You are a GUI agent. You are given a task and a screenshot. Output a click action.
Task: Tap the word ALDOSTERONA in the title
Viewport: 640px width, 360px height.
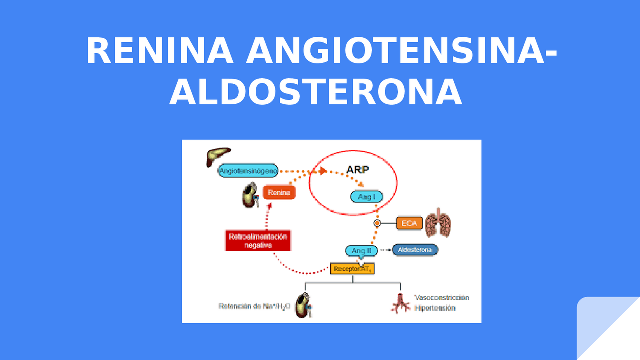click(315, 93)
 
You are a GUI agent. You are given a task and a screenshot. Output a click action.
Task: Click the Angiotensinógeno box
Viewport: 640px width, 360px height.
click(248, 171)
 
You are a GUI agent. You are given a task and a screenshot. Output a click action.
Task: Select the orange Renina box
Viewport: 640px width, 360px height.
click(279, 192)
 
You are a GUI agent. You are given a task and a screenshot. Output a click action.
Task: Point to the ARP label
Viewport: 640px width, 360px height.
click(358, 169)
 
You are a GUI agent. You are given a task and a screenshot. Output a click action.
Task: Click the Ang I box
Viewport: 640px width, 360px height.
click(367, 197)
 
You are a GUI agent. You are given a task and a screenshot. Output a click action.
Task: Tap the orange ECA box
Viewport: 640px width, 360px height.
click(409, 223)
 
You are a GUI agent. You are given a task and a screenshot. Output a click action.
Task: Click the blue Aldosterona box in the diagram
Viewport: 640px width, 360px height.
click(415, 250)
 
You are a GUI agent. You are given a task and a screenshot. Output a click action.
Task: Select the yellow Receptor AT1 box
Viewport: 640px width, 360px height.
click(352, 269)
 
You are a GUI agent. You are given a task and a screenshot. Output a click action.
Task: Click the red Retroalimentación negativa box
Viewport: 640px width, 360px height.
click(258, 241)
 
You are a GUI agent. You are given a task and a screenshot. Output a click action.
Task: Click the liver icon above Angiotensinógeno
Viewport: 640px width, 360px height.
click(218, 155)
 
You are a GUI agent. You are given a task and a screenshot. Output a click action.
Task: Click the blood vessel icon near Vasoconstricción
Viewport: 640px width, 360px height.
click(400, 303)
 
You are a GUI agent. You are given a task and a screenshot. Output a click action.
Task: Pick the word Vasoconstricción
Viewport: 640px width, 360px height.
click(442, 298)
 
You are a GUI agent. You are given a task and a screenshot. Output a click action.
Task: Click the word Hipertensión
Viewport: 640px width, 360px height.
click(435, 308)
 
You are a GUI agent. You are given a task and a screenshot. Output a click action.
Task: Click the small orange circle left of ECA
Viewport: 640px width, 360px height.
click(377, 223)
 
